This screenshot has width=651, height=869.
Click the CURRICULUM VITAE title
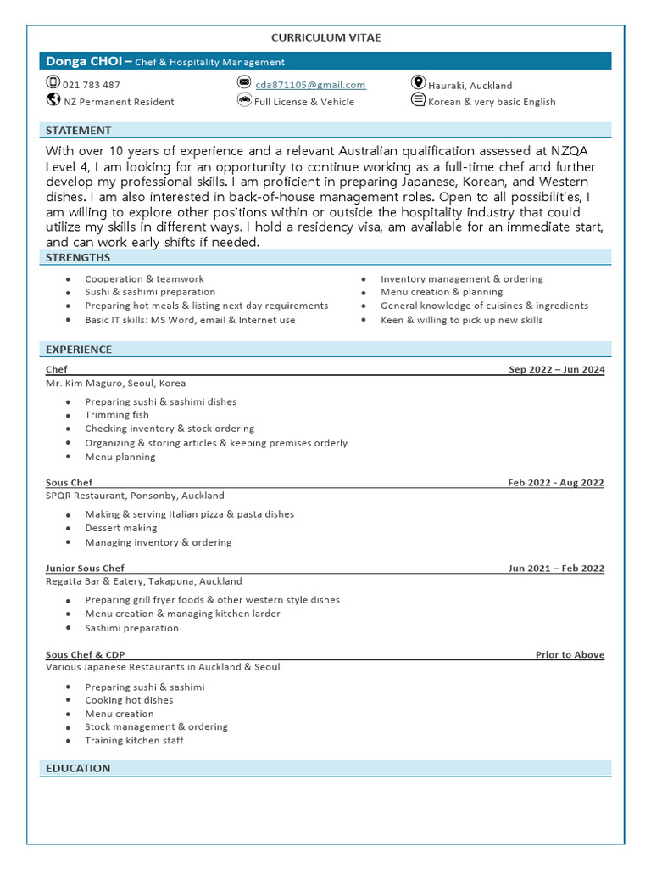325,38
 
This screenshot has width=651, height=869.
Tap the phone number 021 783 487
92,85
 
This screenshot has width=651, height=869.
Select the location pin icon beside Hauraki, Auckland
418,83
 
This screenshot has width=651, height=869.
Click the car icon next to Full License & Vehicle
244,100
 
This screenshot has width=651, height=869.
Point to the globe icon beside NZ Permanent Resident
53,100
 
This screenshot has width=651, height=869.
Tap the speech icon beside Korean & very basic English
418,100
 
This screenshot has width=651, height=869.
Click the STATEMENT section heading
78,131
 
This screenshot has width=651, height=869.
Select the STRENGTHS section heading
78,258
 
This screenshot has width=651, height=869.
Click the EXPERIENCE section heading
79,350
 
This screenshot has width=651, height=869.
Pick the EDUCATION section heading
78,768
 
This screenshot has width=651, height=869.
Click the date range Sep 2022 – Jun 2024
556,370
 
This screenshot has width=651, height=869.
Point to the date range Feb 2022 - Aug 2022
556,483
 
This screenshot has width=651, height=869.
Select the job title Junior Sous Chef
85,569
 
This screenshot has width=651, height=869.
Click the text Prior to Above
570,655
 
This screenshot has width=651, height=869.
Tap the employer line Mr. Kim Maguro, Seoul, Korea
115,384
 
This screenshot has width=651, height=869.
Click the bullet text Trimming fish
117,415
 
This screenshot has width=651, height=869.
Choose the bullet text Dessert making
121,528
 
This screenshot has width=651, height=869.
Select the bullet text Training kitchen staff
134,741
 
